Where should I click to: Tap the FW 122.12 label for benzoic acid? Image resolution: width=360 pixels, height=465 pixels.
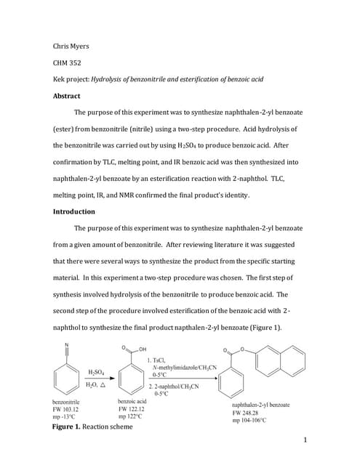point(132,409)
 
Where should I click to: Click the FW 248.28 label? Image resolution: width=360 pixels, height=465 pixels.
point(248,412)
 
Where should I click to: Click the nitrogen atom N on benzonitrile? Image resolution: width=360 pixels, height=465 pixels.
point(67,344)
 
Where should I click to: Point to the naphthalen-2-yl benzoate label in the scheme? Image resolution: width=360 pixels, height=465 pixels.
point(260,404)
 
